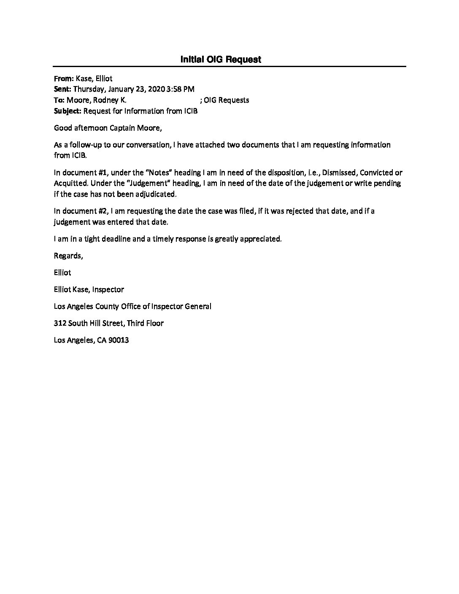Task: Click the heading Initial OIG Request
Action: coord(221,59)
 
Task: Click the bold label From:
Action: coord(64,78)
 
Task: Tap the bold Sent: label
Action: coord(63,89)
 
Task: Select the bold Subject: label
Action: coord(68,111)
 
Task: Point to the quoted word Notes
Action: coord(158,173)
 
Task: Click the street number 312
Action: coord(60,323)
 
